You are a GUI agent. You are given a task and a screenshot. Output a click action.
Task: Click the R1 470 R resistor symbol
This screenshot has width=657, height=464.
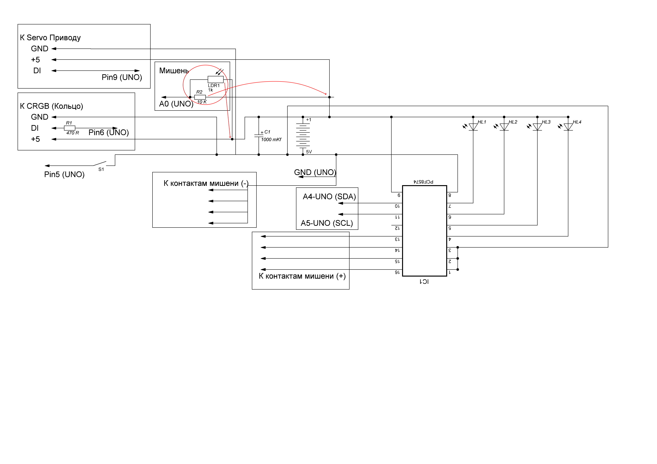click(70, 128)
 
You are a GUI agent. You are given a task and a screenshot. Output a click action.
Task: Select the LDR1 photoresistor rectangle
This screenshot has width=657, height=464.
click(216, 79)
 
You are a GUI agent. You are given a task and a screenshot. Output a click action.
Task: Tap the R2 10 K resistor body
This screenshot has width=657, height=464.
click(200, 97)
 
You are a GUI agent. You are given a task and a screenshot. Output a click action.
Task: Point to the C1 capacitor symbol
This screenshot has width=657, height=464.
click(259, 136)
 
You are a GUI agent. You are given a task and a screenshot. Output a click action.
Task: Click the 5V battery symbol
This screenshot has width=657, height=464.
click(303, 136)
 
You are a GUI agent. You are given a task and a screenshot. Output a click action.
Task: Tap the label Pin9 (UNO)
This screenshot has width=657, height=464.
click(122, 77)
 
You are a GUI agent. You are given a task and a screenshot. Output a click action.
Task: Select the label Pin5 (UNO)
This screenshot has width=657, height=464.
click(64, 174)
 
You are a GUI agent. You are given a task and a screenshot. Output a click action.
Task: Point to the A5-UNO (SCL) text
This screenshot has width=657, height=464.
click(327, 223)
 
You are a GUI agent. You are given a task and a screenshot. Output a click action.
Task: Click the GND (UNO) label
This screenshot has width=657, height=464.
click(315, 172)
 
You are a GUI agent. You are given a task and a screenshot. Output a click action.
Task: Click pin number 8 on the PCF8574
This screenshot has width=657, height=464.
click(450, 195)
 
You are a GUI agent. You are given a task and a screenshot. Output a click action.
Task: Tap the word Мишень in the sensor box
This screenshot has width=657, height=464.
click(174, 71)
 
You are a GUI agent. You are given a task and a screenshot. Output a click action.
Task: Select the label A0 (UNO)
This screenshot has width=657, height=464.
click(176, 104)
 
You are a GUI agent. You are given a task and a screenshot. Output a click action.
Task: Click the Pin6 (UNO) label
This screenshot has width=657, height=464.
click(109, 132)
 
